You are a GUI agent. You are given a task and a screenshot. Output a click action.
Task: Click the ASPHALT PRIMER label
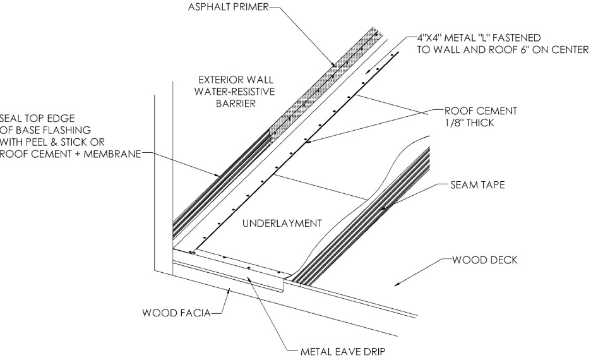coord(229,7)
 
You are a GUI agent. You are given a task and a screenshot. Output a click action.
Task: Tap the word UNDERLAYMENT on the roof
coord(282,224)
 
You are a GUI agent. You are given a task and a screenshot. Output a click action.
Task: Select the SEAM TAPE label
coord(477,184)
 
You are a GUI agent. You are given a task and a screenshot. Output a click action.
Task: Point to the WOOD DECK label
coord(485,260)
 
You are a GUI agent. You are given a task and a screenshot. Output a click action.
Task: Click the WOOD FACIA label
coord(176,313)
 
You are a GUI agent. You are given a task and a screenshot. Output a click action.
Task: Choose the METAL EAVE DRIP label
coord(343,352)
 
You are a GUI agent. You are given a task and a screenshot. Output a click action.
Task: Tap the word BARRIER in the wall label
coord(236,104)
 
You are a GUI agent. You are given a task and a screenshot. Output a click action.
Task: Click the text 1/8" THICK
coord(469,123)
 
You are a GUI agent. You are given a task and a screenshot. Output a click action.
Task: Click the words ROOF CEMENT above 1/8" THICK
coord(481,111)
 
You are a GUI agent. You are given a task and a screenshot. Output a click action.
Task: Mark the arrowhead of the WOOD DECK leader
coord(397,284)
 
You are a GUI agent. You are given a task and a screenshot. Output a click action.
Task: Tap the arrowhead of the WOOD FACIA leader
coord(229,290)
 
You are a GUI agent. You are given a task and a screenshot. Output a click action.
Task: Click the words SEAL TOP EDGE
coord(37,118)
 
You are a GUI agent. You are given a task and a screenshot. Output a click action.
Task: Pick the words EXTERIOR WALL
coord(236,80)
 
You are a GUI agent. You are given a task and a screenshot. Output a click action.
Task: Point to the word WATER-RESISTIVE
coord(234,92)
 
